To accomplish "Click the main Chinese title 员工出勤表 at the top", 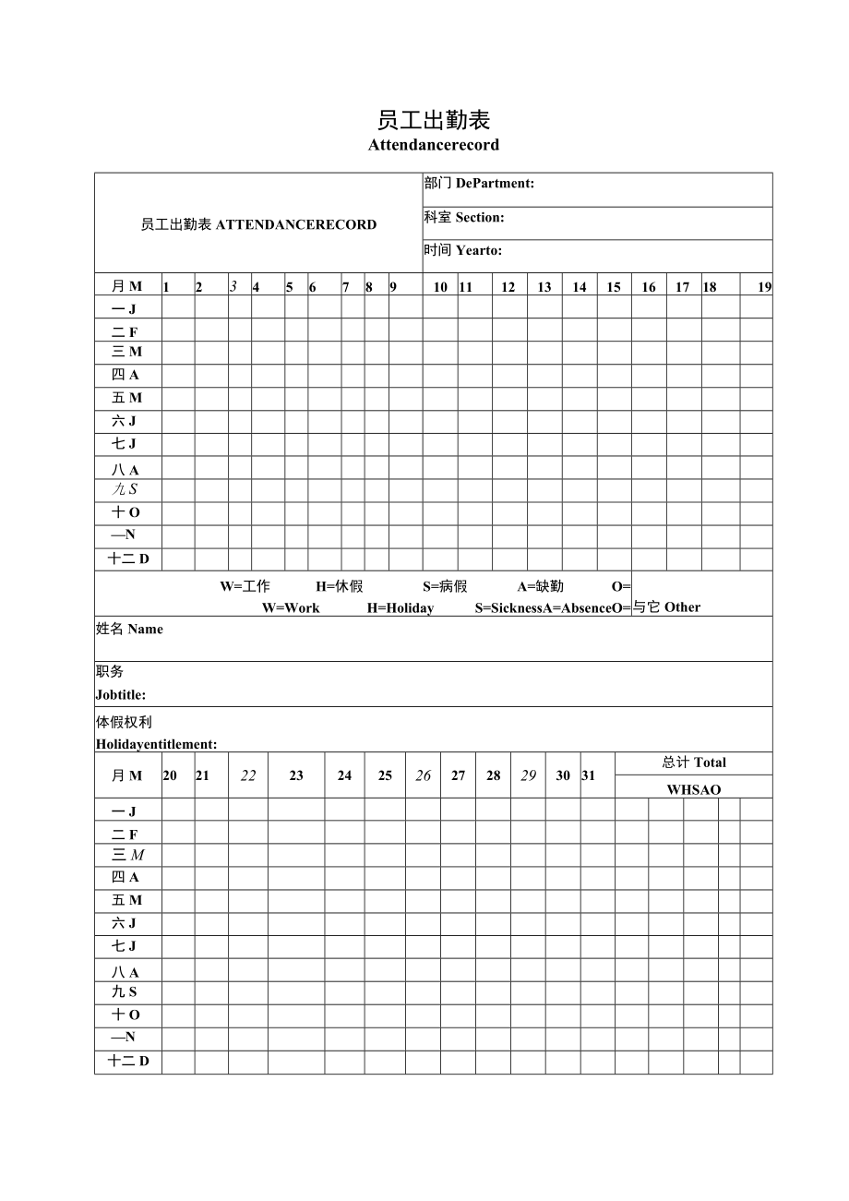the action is [433, 120].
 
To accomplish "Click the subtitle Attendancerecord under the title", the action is [433, 145].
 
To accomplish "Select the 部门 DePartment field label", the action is [479, 184].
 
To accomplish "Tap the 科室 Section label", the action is [464, 218].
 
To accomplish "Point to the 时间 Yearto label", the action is [463, 251].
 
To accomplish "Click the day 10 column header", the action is [440, 287].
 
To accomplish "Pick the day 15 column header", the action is [614, 287].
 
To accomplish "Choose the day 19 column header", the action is [764, 287].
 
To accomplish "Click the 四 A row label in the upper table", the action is [125, 375].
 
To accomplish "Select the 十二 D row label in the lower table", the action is [128, 1062].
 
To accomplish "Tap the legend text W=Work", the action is [291, 608].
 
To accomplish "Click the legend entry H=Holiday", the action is [400, 608].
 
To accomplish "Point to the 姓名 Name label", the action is [129, 630].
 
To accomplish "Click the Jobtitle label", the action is [121, 695].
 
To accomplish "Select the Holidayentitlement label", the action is [157, 744].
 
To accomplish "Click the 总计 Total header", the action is [694, 763].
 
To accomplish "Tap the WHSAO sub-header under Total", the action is [694, 790].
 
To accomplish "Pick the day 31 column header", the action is [588, 776].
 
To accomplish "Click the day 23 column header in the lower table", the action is [296, 776].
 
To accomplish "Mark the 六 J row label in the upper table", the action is [125, 421].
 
